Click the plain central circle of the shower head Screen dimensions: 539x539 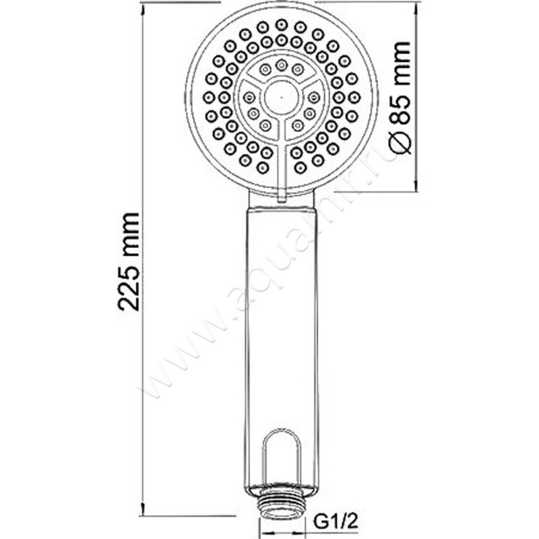tap(281, 97)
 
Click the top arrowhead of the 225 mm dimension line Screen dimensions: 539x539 tap(143, 5)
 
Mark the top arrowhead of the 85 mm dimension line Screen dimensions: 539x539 tap(412, 5)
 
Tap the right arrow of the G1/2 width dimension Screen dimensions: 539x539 tap(300, 522)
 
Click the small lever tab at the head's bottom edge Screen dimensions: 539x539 tap(282, 195)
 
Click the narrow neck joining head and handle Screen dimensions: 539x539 tap(281, 201)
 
